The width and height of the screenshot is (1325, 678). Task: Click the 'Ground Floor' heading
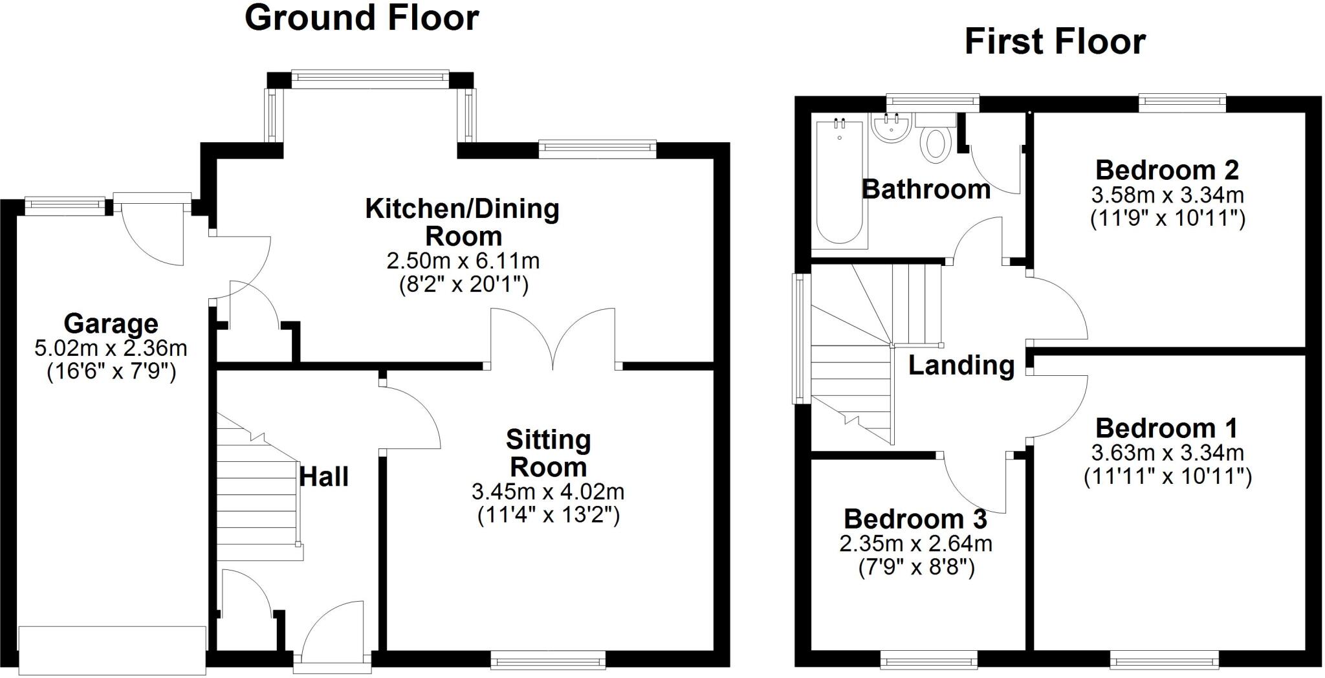pyautogui.click(x=361, y=18)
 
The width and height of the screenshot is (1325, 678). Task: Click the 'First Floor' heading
pyautogui.click(x=1055, y=41)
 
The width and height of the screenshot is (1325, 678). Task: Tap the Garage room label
pyautogui.click(x=111, y=323)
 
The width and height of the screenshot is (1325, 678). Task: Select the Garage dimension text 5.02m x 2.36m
pyautogui.click(x=111, y=348)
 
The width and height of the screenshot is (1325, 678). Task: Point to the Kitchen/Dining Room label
pyautogui.click(x=462, y=222)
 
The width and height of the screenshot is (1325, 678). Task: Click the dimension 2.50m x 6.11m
pyautogui.click(x=462, y=261)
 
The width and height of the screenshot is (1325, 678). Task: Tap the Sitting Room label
pyautogui.click(x=548, y=453)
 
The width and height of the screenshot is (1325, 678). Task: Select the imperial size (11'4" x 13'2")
pyautogui.click(x=548, y=516)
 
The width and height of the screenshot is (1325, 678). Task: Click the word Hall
pyautogui.click(x=324, y=477)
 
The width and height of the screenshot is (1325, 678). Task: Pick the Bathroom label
pyautogui.click(x=926, y=190)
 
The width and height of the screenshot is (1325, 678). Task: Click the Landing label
pyautogui.click(x=961, y=366)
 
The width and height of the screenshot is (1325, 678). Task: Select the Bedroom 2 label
pyautogui.click(x=1166, y=170)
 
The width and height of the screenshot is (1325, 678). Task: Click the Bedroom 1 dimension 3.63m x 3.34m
pyautogui.click(x=1167, y=452)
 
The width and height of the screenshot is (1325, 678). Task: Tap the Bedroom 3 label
pyautogui.click(x=915, y=519)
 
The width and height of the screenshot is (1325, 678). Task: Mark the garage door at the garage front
pyautogui.click(x=112, y=650)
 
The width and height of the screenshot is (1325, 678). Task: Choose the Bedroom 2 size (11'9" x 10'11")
pyautogui.click(x=1167, y=218)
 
